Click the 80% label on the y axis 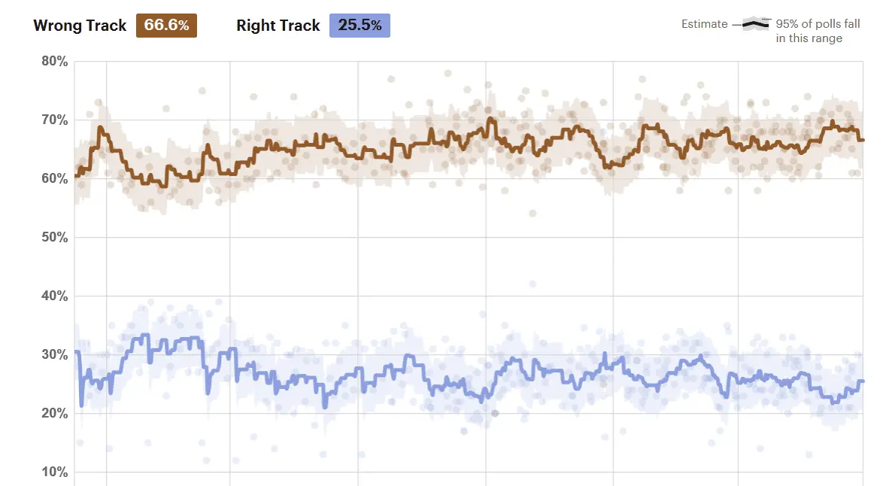pos(54,62)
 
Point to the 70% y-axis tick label pos(54,120)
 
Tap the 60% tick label pos(54,179)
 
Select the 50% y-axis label pos(54,238)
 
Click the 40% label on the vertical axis pos(54,296)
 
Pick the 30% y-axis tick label pos(54,355)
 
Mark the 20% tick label pos(54,414)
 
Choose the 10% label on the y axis pos(54,472)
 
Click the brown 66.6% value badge pos(166,26)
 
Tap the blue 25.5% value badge pos(360,26)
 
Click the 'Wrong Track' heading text pos(80,26)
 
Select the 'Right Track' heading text pos(278,26)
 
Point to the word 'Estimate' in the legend pos(705,24)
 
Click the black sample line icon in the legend pos(755,25)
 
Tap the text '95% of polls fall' pos(818,24)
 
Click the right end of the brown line pos(862,140)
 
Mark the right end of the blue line pos(862,381)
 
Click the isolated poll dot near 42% pos(532,284)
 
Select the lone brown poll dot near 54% pos(532,214)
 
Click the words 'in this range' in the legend pos(809,38)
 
